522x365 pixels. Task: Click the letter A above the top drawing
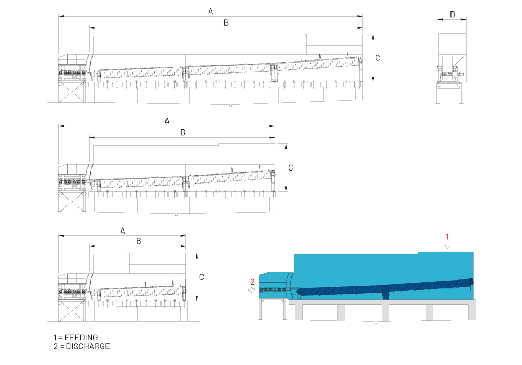tap(211, 11)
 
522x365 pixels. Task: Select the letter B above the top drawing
tap(227, 23)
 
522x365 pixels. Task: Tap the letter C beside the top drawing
tap(378, 58)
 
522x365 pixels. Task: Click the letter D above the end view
tap(453, 15)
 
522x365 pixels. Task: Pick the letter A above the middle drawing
tap(167, 121)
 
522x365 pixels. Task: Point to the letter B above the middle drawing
tap(183, 132)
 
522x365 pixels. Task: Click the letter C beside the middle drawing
tap(291, 168)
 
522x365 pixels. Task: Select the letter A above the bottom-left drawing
tap(123, 230)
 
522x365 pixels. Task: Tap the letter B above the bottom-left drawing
tap(139, 241)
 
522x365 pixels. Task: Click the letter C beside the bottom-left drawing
tap(201, 277)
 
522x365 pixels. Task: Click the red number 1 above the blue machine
tap(447, 237)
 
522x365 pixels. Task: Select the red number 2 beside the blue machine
tap(252, 282)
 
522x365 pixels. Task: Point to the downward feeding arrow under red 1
tap(448, 245)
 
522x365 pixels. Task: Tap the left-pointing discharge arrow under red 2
tap(252, 290)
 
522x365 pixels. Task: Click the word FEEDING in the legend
tap(81, 338)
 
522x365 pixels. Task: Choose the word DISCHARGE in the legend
tap(88, 346)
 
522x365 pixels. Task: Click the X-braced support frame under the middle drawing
tap(72, 201)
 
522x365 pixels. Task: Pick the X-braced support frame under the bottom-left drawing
tap(72, 311)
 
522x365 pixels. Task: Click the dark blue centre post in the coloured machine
tap(386, 293)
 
